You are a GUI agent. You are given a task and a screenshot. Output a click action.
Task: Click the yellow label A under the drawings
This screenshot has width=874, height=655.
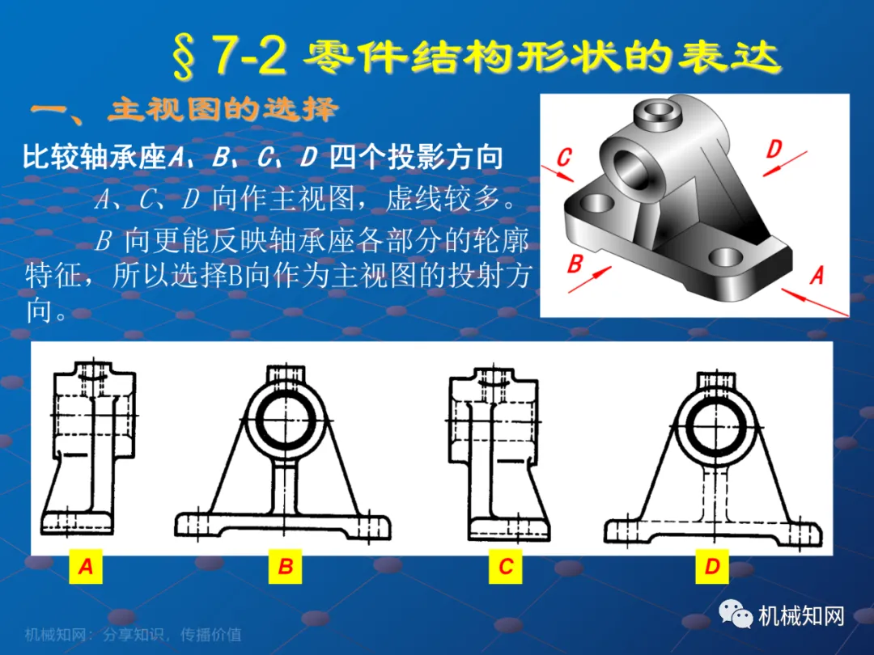(86, 566)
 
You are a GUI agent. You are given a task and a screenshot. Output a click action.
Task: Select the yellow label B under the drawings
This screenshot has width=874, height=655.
(286, 566)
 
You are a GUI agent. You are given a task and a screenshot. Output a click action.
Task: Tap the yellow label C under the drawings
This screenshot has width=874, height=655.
(506, 566)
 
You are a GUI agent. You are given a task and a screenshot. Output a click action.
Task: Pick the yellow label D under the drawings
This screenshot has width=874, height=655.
(712, 566)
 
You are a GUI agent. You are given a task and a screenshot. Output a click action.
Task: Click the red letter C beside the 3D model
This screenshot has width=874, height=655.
(564, 157)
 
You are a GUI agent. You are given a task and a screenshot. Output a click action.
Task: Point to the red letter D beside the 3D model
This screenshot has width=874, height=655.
(774, 150)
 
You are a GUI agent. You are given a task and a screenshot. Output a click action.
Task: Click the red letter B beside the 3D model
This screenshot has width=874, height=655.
(575, 263)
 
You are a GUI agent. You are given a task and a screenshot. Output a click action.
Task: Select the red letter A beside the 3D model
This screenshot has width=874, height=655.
(817, 275)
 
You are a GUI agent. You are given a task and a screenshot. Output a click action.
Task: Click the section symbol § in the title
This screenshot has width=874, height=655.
(185, 57)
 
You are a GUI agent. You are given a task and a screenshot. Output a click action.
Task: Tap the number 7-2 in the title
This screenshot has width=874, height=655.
(249, 57)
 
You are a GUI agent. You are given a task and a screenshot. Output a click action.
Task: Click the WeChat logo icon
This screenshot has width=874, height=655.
(735, 615)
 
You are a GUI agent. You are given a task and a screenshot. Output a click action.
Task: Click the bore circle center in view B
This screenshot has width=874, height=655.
(284, 420)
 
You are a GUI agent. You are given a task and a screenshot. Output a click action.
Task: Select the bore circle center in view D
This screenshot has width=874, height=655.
(715, 426)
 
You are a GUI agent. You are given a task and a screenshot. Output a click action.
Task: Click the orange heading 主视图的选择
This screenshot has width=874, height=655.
(223, 110)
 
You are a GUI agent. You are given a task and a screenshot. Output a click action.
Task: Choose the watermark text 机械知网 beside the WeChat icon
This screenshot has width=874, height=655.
(801, 615)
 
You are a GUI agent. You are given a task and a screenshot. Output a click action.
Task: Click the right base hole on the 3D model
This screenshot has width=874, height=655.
(726, 257)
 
